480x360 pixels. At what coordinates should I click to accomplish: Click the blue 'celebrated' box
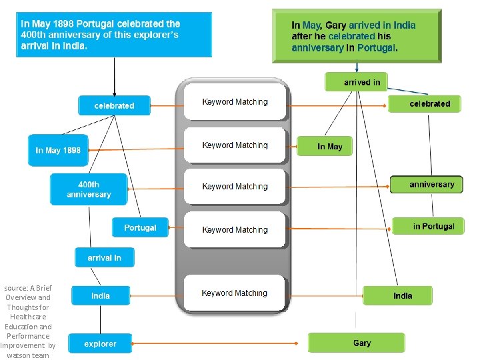click(x=115, y=105)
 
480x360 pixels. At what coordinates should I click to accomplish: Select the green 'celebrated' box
click(x=425, y=104)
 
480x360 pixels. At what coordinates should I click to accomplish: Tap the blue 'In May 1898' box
click(x=58, y=150)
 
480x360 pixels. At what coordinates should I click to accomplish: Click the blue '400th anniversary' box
click(x=89, y=189)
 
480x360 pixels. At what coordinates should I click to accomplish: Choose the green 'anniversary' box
click(x=427, y=185)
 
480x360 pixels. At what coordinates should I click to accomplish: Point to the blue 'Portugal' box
click(x=140, y=227)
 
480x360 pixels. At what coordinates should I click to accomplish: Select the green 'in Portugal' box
click(x=428, y=226)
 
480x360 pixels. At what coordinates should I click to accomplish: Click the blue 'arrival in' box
click(x=104, y=257)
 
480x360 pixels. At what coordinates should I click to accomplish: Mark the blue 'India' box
click(x=101, y=295)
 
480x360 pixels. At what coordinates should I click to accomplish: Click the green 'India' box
click(x=398, y=295)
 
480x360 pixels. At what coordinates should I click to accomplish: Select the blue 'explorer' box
click(x=100, y=344)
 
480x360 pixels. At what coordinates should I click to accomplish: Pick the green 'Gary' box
click(x=356, y=343)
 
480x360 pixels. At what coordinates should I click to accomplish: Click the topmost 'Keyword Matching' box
click(x=235, y=102)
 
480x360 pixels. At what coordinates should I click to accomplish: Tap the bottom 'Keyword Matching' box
click(x=235, y=293)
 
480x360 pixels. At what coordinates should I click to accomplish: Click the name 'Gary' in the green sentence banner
click(x=336, y=25)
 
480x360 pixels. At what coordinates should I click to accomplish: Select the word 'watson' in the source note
click(x=19, y=355)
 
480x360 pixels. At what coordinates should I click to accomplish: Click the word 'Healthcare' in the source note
click(x=28, y=317)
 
